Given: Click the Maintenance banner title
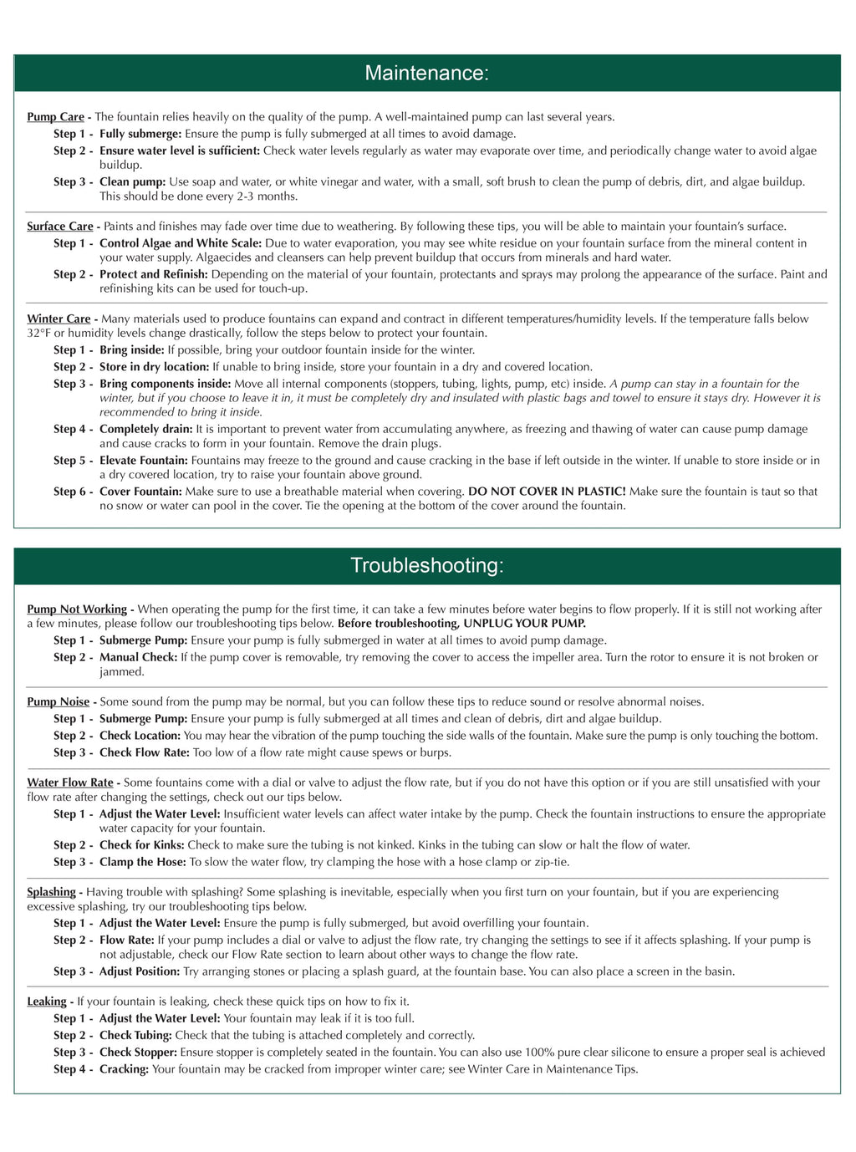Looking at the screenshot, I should click(426, 74).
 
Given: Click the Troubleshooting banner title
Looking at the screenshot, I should click(426, 566).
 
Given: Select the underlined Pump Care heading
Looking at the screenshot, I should click(55, 117).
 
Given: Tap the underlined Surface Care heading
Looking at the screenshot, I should click(59, 227).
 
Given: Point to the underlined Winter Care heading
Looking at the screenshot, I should click(59, 319).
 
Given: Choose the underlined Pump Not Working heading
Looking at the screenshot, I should click(77, 609).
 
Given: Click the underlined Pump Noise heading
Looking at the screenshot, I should click(58, 702).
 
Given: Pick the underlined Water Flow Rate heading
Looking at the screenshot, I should click(69, 782).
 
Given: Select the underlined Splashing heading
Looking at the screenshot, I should click(51, 892).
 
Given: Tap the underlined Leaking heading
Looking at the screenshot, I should click(47, 1002).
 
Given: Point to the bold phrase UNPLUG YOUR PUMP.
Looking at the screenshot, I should click(525, 624).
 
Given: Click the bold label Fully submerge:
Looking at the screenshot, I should click(140, 134).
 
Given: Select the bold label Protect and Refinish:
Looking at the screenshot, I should click(154, 274).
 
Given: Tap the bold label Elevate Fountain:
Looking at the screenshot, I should click(144, 461).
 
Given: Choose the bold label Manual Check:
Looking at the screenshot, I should click(138, 657).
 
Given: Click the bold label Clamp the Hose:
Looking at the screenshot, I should click(143, 862).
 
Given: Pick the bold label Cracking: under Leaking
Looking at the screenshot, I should click(124, 1069).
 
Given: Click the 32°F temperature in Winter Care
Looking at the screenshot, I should click(38, 334).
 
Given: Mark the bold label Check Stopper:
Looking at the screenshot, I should click(138, 1053).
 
